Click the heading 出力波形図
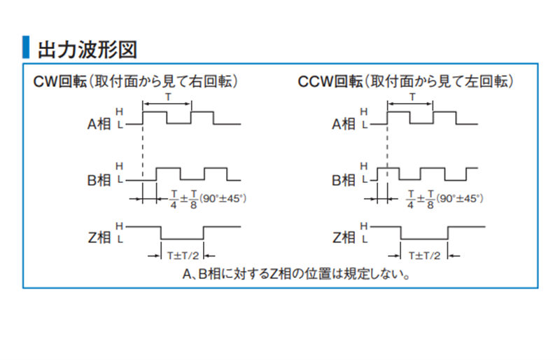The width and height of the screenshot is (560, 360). click(87, 49)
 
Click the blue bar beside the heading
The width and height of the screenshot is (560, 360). click(26, 47)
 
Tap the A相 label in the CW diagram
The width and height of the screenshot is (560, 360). click(99, 124)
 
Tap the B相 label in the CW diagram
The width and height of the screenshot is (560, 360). click(99, 180)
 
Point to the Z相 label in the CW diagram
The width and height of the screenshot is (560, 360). click(99, 237)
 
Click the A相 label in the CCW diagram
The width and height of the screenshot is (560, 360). click(344, 124)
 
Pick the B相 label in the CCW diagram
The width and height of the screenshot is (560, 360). click(344, 180)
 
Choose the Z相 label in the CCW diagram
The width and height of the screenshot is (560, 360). click(344, 237)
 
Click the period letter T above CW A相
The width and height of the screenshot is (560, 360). click(168, 97)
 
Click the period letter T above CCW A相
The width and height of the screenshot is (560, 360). click(412, 97)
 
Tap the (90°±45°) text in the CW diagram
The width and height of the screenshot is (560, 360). click(223, 198)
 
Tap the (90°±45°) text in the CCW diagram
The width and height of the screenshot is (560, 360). click(460, 198)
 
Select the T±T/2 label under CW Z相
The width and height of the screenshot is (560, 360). click(183, 256)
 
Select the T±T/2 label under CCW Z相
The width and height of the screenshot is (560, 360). click(424, 256)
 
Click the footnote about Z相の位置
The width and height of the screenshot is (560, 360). click(296, 274)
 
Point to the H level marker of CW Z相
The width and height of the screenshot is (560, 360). click(119, 226)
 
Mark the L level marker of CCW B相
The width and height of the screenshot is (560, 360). click(364, 179)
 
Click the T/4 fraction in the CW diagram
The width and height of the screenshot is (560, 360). click(174, 199)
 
